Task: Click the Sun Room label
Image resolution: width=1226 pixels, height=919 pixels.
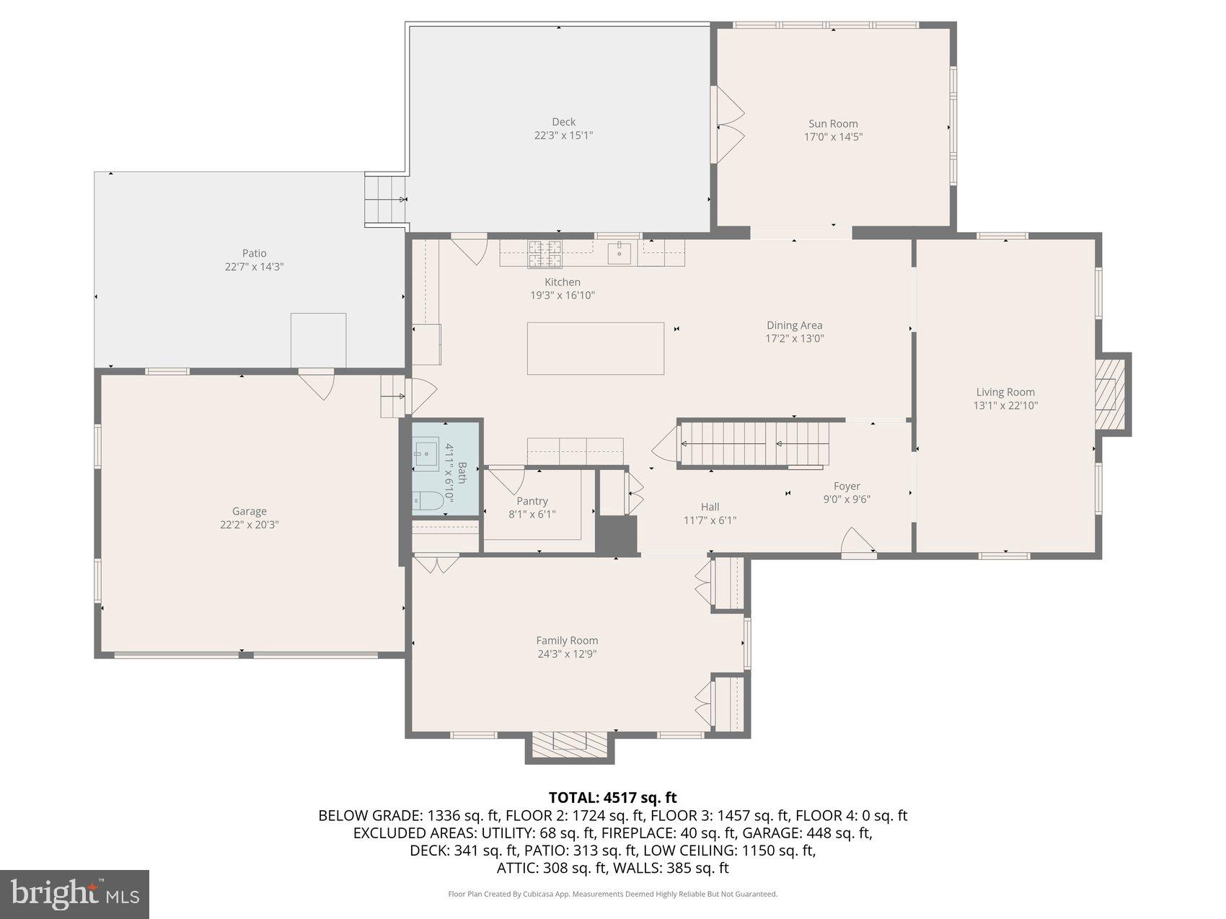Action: click(833, 124)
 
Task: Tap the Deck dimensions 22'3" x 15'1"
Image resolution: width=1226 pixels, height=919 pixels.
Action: click(563, 136)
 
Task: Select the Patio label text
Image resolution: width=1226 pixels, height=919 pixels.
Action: click(254, 253)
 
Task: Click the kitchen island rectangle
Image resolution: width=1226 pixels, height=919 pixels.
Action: click(595, 348)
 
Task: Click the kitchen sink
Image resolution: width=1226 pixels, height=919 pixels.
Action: click(619, 254)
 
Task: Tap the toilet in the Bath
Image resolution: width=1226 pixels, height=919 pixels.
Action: click(428, 501)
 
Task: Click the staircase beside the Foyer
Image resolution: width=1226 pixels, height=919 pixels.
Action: click(754, 444)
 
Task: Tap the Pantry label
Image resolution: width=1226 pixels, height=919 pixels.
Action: click(532, 501)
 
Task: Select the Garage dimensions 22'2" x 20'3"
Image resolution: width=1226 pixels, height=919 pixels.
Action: click(250, 525)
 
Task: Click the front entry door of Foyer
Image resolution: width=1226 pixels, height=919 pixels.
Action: click(858, 544)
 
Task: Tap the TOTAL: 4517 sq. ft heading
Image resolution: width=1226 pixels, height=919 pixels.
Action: click(612, 797)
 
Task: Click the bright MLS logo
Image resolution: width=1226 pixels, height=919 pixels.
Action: click(75, 894)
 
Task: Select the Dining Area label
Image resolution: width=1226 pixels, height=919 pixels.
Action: click(794, 325)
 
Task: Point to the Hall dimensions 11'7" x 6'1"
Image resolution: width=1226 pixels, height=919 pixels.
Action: click(710, 520)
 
